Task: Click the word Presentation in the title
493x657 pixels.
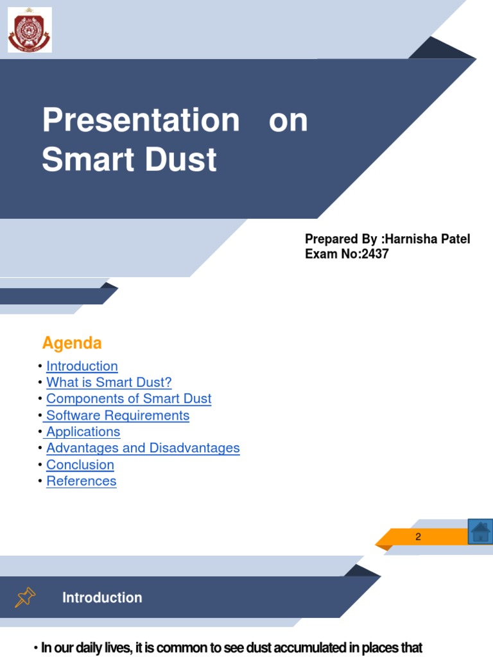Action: click(x=141, y=120)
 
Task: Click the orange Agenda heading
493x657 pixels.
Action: click(x=72, y=343)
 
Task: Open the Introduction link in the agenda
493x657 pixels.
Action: click(x=82, y=366)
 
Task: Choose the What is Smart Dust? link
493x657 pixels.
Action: click(x=109, y=382)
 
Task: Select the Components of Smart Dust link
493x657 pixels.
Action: click(x=128, y=398)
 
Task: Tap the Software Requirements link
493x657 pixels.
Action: click(x=118, y=415)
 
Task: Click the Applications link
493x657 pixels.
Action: click(x=83, y=432)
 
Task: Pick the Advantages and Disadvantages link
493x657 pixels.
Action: click(x=143, y=448)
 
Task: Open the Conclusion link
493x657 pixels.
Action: click(x=80, y=465)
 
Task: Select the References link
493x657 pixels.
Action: click(x=82, y=481)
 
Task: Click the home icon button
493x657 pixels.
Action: click(x=480, y=532)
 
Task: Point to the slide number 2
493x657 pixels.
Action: click(x=418, y=537)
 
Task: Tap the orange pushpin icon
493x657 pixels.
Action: click(x=25, y=597)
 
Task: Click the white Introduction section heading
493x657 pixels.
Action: click(x=102, y=597)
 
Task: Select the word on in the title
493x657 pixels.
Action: click(x=288, y=120)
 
